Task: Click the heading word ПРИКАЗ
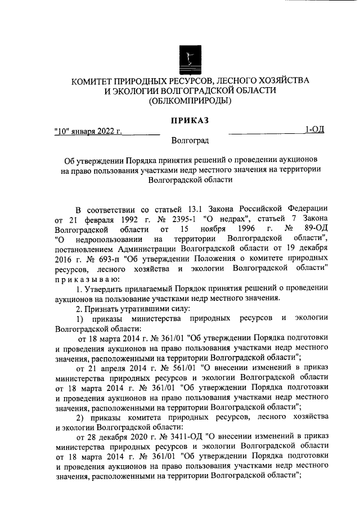[189, 120]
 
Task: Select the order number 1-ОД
[314, 130]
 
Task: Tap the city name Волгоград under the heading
[190, 140]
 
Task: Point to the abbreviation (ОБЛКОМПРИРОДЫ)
[190, 101]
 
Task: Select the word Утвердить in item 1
[106, 289]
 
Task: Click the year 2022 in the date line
[106, 132]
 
